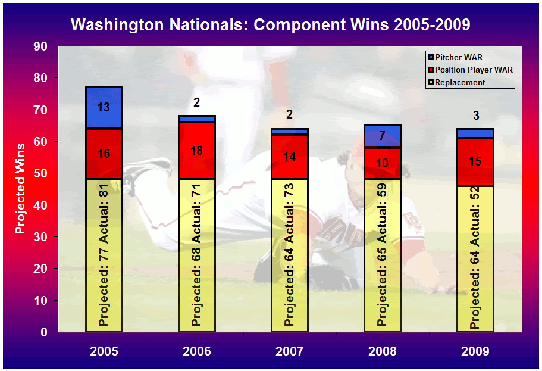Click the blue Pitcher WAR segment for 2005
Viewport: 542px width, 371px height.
pos(104,108)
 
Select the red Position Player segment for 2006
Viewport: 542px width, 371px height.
pos(197,151)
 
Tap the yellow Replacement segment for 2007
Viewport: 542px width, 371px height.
pos(290,255)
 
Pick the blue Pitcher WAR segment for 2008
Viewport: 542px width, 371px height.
pos(383,136)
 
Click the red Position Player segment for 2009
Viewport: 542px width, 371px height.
pos(475,162)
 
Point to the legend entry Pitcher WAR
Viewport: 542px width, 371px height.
pos(455,57)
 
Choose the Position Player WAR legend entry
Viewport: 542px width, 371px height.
pos(470,70)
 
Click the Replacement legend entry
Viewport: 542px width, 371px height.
pos(456,82)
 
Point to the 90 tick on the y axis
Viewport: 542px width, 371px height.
pos(40,46)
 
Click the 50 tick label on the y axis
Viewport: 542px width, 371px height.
pos(40,173)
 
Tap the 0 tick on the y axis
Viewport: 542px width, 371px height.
pos(44,332)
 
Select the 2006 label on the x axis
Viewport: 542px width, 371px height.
pos(197,351)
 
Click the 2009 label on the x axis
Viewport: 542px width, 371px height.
pos(475,351)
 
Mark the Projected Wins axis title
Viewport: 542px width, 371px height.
pos(20,189)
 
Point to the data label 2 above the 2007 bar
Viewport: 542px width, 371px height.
pos(290,114)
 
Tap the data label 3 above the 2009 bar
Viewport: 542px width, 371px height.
pos(476,116)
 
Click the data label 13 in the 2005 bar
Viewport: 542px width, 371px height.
pos(104,107)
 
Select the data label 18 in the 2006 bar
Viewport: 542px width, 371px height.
pos(197,151)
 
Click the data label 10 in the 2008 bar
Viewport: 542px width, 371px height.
pos(382,163)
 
